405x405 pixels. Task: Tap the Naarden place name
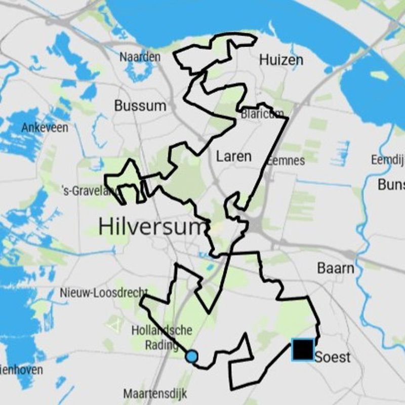pos(140,57)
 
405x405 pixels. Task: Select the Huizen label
pos(281,60)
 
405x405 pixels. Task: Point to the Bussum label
pos(140,106)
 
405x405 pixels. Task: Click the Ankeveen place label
pos(45,128)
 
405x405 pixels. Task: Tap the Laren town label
pos(233,156)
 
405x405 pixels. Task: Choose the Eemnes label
pos(286,160)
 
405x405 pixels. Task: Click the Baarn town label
pos(335,268)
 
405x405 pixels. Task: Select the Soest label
pos(333,357)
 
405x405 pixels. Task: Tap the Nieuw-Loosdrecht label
pos(103,293)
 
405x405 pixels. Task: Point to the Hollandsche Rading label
pos(161,337)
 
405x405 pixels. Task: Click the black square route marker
pos(303,350)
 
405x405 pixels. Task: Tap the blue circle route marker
pos(191,356)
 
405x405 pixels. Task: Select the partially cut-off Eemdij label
pos(387,160)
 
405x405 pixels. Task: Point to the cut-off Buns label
pos(391,184)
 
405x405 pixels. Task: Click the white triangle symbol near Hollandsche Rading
pos(114,325)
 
